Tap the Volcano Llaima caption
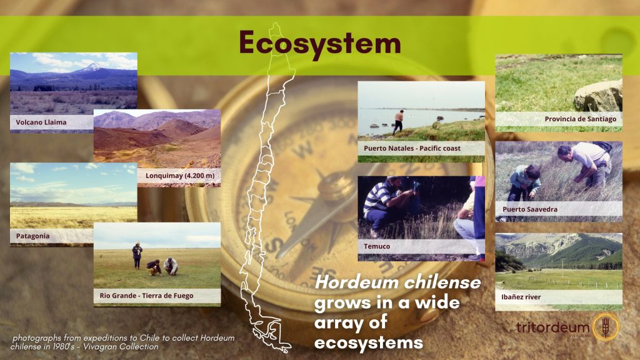41,122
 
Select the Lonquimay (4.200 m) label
180,176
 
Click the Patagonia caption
32,236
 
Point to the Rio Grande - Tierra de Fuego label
146,296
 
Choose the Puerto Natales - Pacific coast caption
412,148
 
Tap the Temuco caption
377,246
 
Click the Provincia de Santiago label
581,119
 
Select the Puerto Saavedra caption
530,209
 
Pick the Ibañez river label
521,297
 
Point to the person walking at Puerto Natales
398,122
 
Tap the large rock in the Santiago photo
598,96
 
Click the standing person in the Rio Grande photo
137,256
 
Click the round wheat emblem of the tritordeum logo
606,327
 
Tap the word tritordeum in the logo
552,327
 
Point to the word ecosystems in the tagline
369,342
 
